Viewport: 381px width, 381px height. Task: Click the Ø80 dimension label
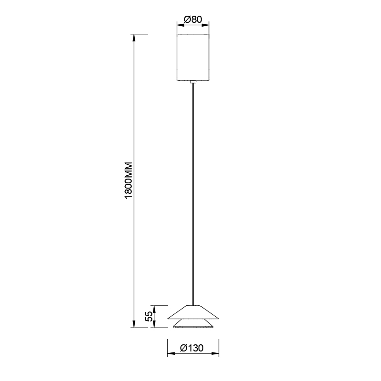[x=193, y=19]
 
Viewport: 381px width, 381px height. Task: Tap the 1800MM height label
[x=128, y=180]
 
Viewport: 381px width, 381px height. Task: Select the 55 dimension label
[x=149, y=316]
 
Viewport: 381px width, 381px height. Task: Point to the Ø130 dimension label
[x=192, y=348]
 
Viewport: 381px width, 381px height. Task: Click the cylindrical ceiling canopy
[x=193, y=57]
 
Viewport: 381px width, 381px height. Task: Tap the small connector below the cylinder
[x=193, y=82]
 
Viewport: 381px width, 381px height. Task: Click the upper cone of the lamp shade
[x=193, y=312]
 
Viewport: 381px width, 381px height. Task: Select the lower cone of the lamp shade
[x=193, y=324]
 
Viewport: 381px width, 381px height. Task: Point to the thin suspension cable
[x=193, y=194]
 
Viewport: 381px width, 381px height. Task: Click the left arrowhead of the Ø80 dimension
[x=180, y=25]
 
